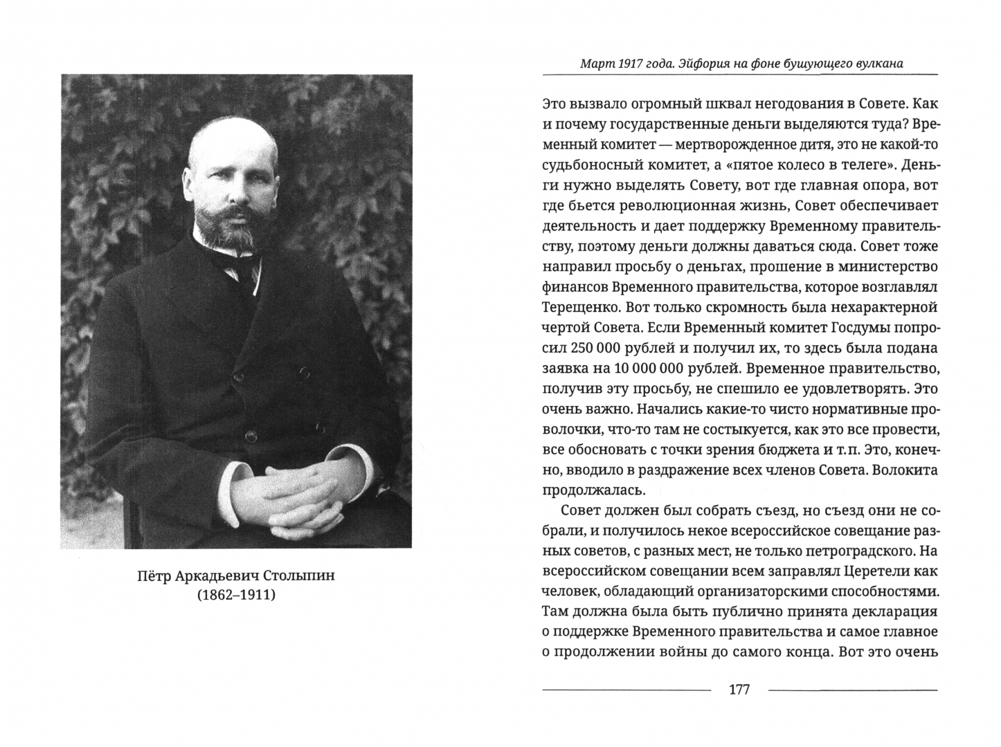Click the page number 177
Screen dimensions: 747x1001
click(740, 690)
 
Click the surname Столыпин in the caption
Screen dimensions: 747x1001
click(300, 575)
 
